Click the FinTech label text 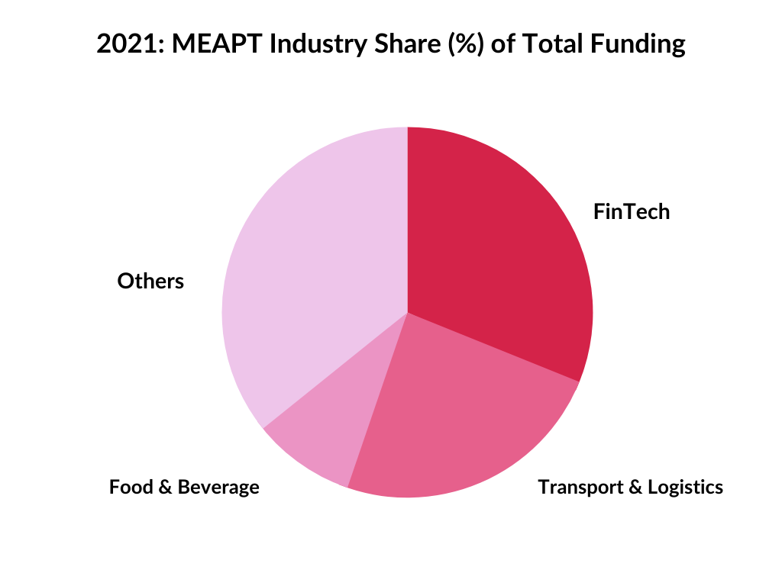pos(631,211)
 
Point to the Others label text pos(150,282)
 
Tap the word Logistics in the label pos(685,487)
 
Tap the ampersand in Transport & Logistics pos(633,487)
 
